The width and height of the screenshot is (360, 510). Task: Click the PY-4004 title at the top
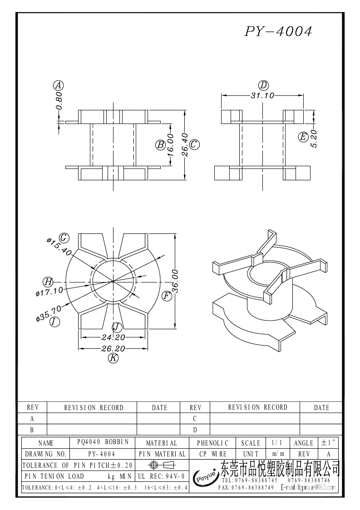(x=279, y=31)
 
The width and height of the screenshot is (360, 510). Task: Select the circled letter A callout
(x=58, y=85)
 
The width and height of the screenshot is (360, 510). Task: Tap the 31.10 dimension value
(x=262, y=95)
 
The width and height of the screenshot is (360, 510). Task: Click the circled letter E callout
(x=303, y=137)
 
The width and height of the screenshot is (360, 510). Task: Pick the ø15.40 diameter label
(x=59, y=245)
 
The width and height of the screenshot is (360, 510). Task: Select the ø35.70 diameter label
(x=49, y=314)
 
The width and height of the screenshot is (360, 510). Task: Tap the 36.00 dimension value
(x=176, y=282)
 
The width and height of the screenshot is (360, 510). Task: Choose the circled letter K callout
(x=113, y=358)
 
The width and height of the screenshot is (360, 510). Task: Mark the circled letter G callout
(x=64, y=237)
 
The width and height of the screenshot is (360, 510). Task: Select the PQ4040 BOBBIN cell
(x=103, y=442)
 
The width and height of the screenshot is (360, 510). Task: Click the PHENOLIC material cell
(x=213, y=443)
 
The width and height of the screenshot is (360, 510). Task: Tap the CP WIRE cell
(x=213, y=454)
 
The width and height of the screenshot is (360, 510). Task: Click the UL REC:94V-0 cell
(x=161, y=476)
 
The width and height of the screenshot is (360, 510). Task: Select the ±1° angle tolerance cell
(x=328, y=442)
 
